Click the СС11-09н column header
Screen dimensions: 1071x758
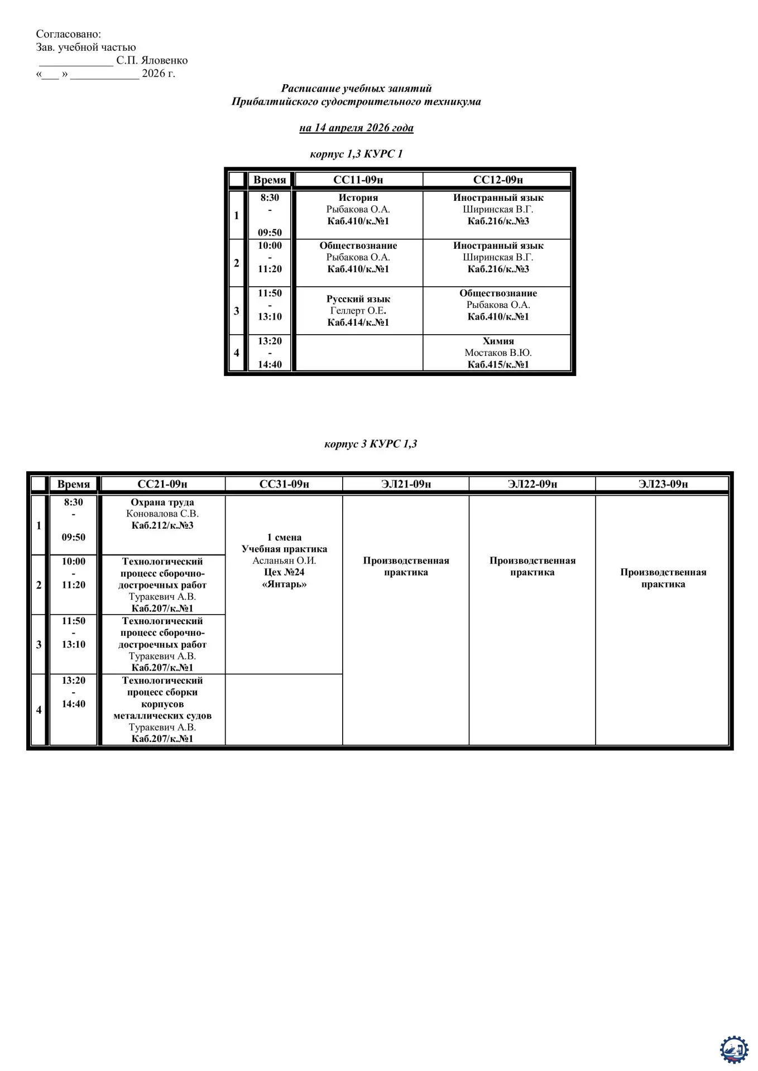tap(358, 180)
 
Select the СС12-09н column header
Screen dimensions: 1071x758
tap(498, 180)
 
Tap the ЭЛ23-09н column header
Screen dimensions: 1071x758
tap(663, 484)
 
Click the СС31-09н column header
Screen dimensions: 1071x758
tap(284, 484)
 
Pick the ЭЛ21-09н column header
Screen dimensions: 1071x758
tap(406, 484)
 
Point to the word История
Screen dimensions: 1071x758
tap(358, 197)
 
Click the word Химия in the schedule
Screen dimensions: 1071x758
tap(498, 341)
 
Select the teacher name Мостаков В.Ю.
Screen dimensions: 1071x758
tap(498, 353)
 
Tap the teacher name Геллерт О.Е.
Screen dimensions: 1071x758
tap(358, 311)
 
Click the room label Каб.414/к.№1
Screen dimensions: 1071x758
tap(358, 322)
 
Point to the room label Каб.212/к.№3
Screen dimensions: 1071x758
tap(162, 525)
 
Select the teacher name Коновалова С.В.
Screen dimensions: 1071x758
tap(162, 514)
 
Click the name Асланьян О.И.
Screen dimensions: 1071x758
tap(284, 561)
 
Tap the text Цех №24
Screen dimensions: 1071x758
tap(284, 572)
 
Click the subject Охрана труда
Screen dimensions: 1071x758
tap(162, 502)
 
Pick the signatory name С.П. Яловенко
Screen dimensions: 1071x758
tap(152, 60)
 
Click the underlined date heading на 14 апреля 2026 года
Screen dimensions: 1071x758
tap(356, 128)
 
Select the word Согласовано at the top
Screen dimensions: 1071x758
tap(69, 35)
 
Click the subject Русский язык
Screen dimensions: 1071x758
tap(358, 299)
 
